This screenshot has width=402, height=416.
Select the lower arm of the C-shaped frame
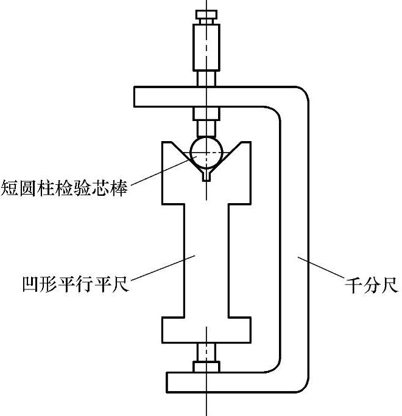click(x=231, y=381)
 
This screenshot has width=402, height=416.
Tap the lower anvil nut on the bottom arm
click(x=207, y=366)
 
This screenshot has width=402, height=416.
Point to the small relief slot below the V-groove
click(x=207, y=176)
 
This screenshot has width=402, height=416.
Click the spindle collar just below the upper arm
click(x=207, y=114)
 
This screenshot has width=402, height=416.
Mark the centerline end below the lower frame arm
click(x=207, y=407)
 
